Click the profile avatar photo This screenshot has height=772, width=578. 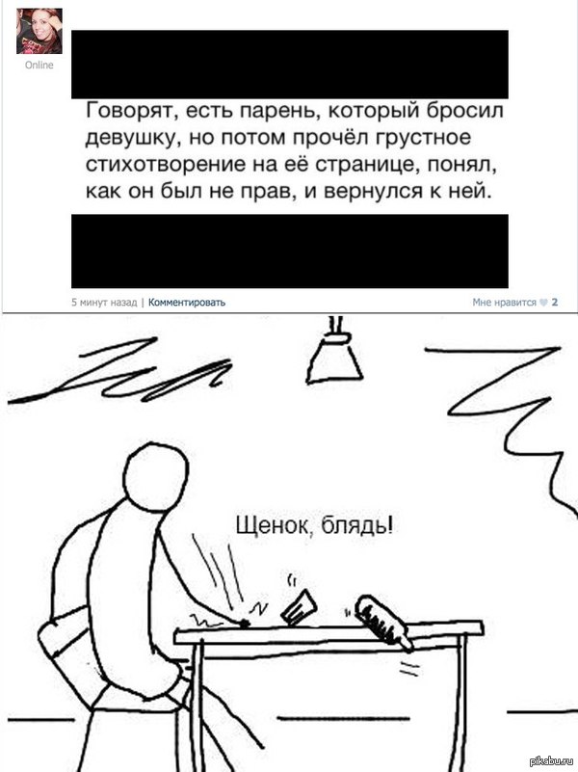point(39,31)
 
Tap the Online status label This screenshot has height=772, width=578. point(39,65)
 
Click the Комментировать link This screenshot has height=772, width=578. point(187,303)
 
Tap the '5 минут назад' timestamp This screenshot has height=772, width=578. point(104,303)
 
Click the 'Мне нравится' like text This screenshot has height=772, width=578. point(504,303)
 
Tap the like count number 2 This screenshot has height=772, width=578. point(555,303)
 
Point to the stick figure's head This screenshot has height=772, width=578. point(155,475)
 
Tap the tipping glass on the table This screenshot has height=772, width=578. point(299,607)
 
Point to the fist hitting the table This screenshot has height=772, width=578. point(243,624)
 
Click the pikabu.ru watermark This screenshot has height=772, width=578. point(553,761)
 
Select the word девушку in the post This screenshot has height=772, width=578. point(130,138)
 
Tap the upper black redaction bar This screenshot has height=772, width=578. point(290,65)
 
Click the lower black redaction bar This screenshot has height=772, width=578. point(290,252)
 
